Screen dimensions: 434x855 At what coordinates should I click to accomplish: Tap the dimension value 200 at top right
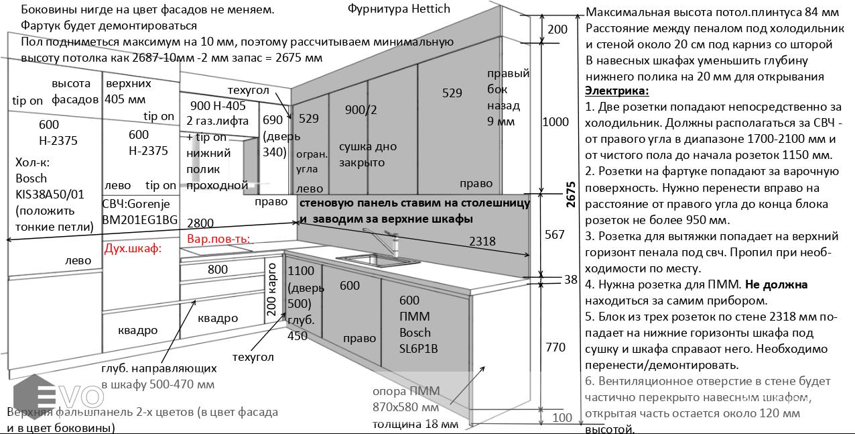point(557,30)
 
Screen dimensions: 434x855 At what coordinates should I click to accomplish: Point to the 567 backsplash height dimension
point(555,234)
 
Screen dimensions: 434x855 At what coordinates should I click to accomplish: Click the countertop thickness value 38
point(570,280)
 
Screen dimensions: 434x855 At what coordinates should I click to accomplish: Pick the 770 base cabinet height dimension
point(556,347)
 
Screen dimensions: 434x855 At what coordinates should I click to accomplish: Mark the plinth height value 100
point(562,418)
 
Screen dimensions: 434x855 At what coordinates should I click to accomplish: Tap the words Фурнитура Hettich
point(399,9)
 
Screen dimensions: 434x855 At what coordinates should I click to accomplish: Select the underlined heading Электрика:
point(616,91)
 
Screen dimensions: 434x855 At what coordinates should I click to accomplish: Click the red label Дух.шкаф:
point(132,249)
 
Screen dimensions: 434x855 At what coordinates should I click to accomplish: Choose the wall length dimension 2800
point(200,223)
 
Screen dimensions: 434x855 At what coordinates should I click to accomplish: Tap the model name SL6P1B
point(419,349)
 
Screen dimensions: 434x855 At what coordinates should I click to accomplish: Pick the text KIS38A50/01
point(50,195)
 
